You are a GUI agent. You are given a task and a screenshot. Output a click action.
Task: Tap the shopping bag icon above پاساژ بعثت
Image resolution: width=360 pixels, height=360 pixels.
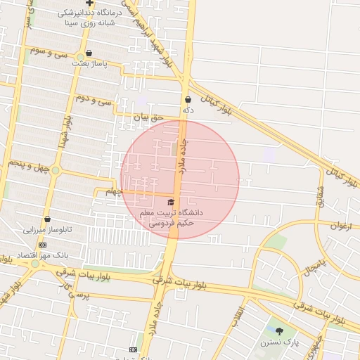tap(89, 53)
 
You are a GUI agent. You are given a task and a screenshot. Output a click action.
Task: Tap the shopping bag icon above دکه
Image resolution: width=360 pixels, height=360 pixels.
tap(188, 100)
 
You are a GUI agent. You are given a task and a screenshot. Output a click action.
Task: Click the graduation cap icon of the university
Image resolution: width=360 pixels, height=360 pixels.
tap(171, 202)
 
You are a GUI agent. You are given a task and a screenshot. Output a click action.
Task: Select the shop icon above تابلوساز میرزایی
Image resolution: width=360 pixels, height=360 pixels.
tap(47, 219)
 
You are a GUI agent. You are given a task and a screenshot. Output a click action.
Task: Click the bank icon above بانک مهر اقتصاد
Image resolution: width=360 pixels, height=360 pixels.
tap(43, 245)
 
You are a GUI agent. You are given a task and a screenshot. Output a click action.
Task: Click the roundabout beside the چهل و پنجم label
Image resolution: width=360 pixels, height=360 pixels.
tap(56, 170)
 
